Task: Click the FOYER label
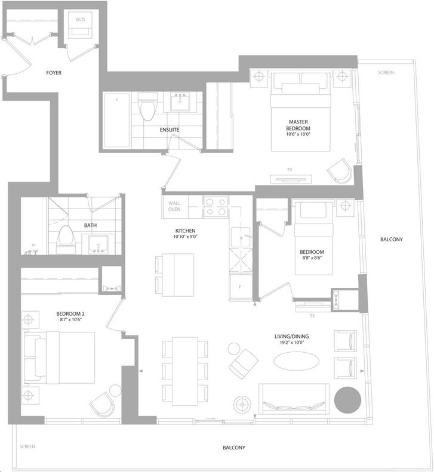click(x=54, y=73)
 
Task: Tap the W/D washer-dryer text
click(x=80, y=20)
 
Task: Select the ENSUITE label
click(x=170, y=130)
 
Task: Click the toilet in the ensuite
click(x=147, y=106)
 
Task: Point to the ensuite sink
click(x=181, y=102)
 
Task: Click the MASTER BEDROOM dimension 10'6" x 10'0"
click(x=298, y=134)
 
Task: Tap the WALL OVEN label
click(x=174, y=206)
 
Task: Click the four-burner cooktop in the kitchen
click(x=216, y=206)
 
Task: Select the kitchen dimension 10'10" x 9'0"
click(x=185, y=237)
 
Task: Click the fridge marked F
click(x=241, y=287)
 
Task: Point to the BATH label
click(x=91, y=225)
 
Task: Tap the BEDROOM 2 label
click(x=70, y=314)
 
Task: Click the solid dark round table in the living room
click(x=347, y=400)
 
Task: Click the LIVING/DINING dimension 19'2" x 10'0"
click(x=291, y=343)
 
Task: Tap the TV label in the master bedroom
click(x=290, y=170)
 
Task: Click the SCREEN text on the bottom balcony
click(x=27, y=446)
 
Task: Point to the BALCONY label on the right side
click(x=391, y=240)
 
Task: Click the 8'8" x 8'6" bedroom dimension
click(x=312, y=258)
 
